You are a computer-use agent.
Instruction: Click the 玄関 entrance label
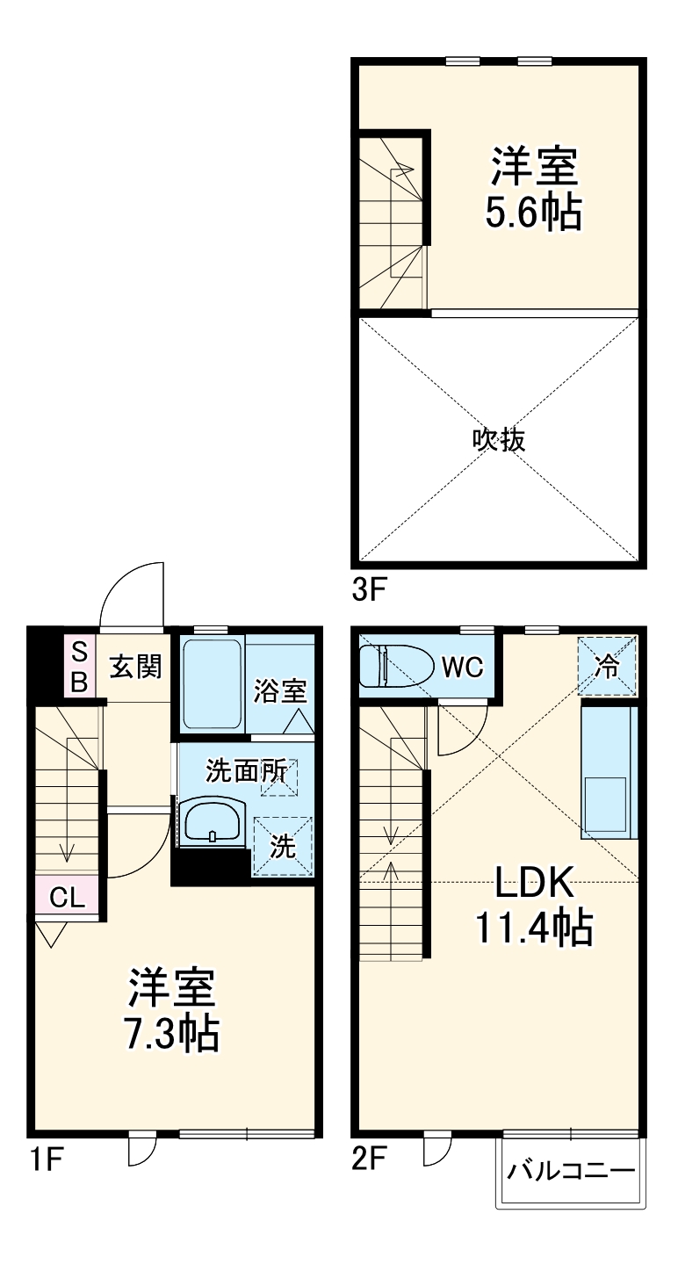(135, 667)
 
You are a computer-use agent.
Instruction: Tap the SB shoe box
(79, 667)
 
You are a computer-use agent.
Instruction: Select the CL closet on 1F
(67, 897)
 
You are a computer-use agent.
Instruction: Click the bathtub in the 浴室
(213, 684)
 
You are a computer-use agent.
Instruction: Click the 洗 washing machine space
(282, 847)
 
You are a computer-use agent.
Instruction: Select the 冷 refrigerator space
(607, 666)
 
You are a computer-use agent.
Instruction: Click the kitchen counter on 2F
(607, 771)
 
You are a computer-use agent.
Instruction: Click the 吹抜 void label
(499, 439)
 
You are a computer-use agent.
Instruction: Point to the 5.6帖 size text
(534, 213)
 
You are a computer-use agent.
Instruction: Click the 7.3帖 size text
(172, 1034)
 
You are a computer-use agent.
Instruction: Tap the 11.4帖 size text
(534, 928)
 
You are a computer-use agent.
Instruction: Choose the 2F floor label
(369, 1161)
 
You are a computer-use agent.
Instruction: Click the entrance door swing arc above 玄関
(132, 596)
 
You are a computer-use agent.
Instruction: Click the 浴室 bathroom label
(279, 690)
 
